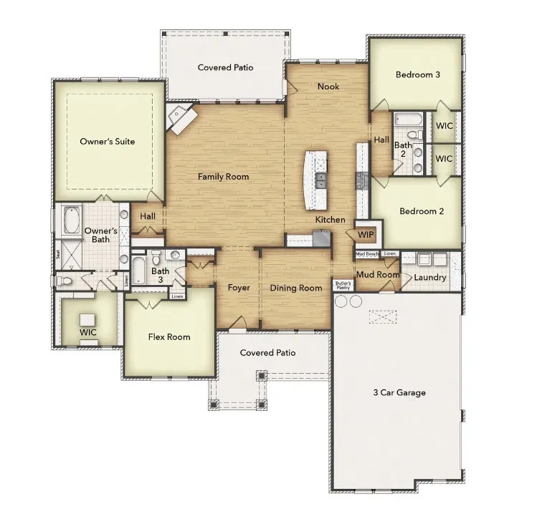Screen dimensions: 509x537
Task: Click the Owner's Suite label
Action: (x=107, y=141)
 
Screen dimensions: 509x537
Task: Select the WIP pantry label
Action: (x=366, y=234)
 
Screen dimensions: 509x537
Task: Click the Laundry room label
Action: (x=429, y=277)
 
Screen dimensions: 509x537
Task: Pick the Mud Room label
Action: (x=378, y=274)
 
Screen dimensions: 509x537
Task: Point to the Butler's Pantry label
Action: (x=344, y=285)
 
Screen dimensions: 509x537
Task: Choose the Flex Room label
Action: (x=168, y=336)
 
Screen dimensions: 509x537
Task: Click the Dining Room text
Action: (x=295, y=288)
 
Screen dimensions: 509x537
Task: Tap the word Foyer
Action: (x=239, y=288)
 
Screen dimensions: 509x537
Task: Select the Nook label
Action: (x=328, y=87)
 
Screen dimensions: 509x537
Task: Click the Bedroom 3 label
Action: (x=417, y=74)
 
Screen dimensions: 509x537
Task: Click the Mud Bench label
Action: (x=367, y=254)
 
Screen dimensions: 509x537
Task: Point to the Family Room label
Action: (x=223, y=176)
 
